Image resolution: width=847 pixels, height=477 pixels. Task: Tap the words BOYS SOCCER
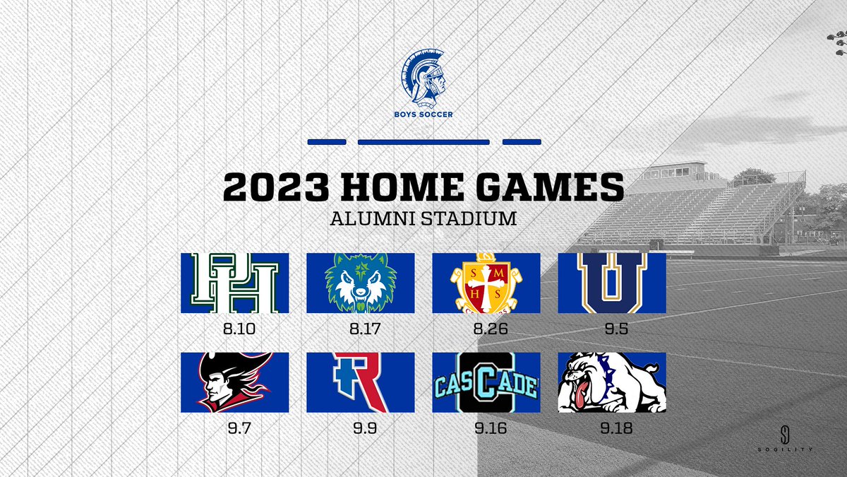click(x=423, y=113)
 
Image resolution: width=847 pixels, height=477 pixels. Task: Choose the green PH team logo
click(x=235, y=283)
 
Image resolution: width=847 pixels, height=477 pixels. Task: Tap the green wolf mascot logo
click(x=360, y=283)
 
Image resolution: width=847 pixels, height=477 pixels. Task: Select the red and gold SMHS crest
click(x=486, y=283)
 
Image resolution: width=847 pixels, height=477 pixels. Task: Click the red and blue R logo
click(x=360, y=382)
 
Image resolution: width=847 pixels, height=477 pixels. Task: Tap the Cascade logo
click(x=486, y=382)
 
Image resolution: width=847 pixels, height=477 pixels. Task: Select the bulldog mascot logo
click(x=611, y=382)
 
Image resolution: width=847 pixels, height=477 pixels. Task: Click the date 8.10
click(x=235, y=329)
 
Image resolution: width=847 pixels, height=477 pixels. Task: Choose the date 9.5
click(x=611, y=329)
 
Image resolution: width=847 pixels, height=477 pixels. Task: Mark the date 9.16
click(x=486, y=428)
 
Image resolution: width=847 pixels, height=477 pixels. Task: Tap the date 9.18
click(x=611, y=428)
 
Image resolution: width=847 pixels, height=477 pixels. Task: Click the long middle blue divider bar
click(x=423, y=142)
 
